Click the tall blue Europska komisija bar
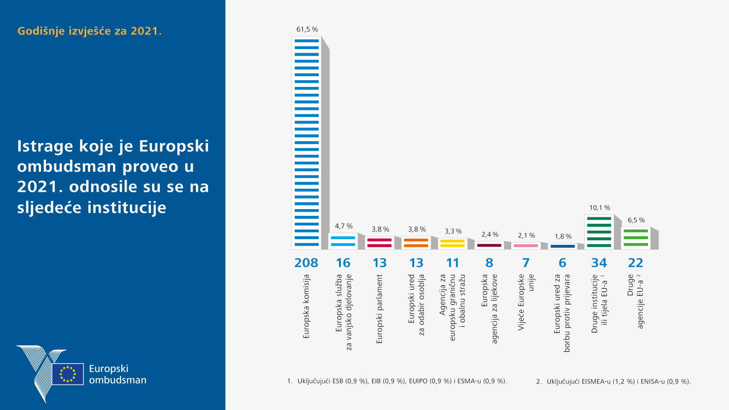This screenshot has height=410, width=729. point(307,143)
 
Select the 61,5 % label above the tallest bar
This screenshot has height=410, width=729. point(307,30)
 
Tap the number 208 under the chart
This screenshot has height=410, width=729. point(306,263)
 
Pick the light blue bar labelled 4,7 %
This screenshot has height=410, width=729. point(343,241)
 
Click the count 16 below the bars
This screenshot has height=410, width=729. point(343,263)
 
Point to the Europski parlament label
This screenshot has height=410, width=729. point(380,308)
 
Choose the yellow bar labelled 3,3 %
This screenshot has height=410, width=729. point(452,243)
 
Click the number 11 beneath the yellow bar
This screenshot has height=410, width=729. point(452,263)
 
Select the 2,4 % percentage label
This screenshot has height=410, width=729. point(490,235)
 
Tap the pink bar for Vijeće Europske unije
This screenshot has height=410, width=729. point(526,246)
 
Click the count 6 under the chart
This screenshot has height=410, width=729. point(563,263)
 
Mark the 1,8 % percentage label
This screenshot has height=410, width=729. point(563,236)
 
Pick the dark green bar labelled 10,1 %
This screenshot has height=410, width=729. point(599,232)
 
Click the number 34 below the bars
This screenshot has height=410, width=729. point(599,263)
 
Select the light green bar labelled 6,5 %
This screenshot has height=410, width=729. point(636,238)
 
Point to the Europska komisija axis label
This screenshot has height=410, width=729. point(306,306)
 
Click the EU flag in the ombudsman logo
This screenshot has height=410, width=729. point(68,374)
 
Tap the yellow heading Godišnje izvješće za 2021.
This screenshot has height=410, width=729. point(89,31)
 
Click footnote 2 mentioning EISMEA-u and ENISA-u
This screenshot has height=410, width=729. point(613,381)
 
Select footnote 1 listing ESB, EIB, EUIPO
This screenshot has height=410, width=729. point(397,381)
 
